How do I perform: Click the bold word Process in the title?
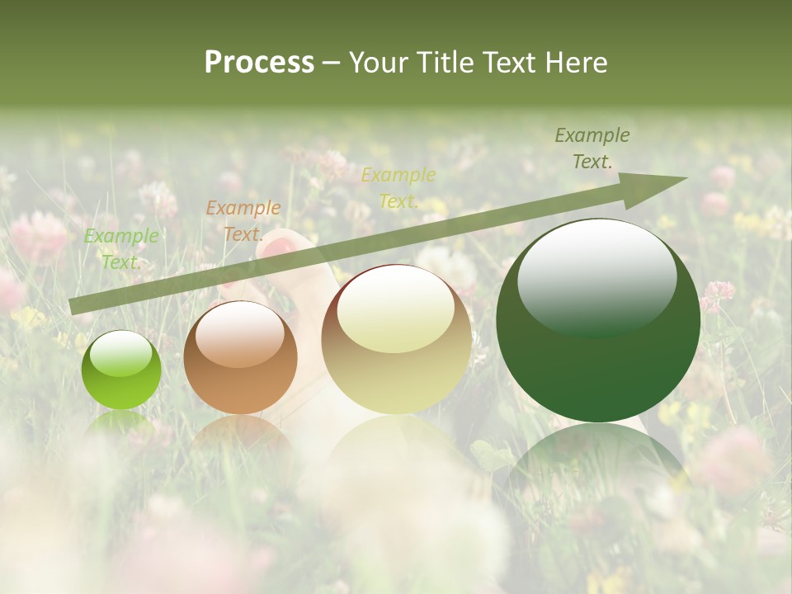259,63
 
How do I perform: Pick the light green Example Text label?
121,248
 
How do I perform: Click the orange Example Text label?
243,220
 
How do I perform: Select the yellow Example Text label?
398,188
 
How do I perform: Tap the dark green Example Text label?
592,148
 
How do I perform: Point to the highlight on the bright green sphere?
121,355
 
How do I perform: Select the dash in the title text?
331,63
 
